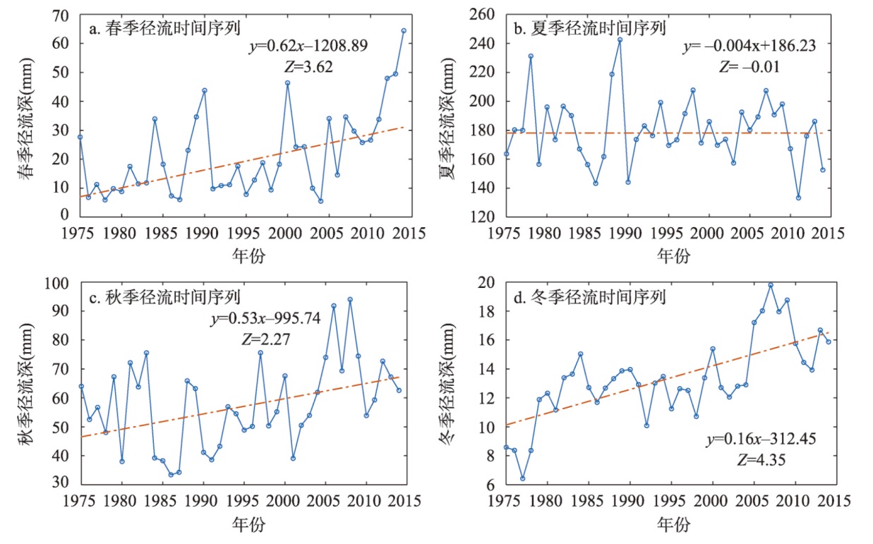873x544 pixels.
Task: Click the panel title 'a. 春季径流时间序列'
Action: [x=165, y=29]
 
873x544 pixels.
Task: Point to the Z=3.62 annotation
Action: [x=307, y=67]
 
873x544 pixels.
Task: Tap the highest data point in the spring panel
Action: [x=404, y=31]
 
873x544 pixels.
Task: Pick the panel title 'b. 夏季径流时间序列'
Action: [x=589, y=28]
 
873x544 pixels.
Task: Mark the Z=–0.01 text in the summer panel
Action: [x=749, y=67]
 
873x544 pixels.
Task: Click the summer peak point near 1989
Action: [x=620, y=40]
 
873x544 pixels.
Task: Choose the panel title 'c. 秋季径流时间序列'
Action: [x=165, y=298]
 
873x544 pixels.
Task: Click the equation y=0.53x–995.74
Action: [x=265, y=318]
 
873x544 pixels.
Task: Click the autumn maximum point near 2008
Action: [x=350, y=300]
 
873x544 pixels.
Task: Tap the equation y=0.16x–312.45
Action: [x=762, y=440]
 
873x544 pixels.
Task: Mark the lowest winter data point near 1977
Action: [x=522, y=478]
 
